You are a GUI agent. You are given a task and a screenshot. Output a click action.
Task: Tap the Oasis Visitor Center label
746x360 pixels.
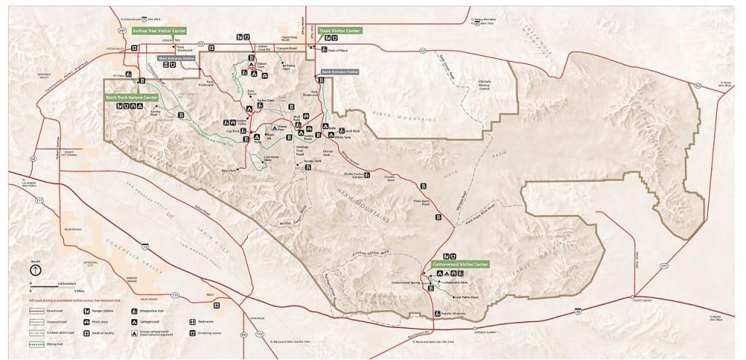pyautogui.click(x=339, y=31)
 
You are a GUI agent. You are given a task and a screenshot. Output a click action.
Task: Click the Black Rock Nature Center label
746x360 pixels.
pyautogui.click(x=131, y=97)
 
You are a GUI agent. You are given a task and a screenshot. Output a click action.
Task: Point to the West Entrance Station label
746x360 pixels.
pyautogui.click(x=176, y=58)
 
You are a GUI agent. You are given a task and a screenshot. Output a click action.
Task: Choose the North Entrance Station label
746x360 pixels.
pyautogui.click(x=340, y=72)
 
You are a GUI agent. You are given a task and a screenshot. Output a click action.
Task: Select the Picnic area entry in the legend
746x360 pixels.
pyautogui.click(x=102, y=321)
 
